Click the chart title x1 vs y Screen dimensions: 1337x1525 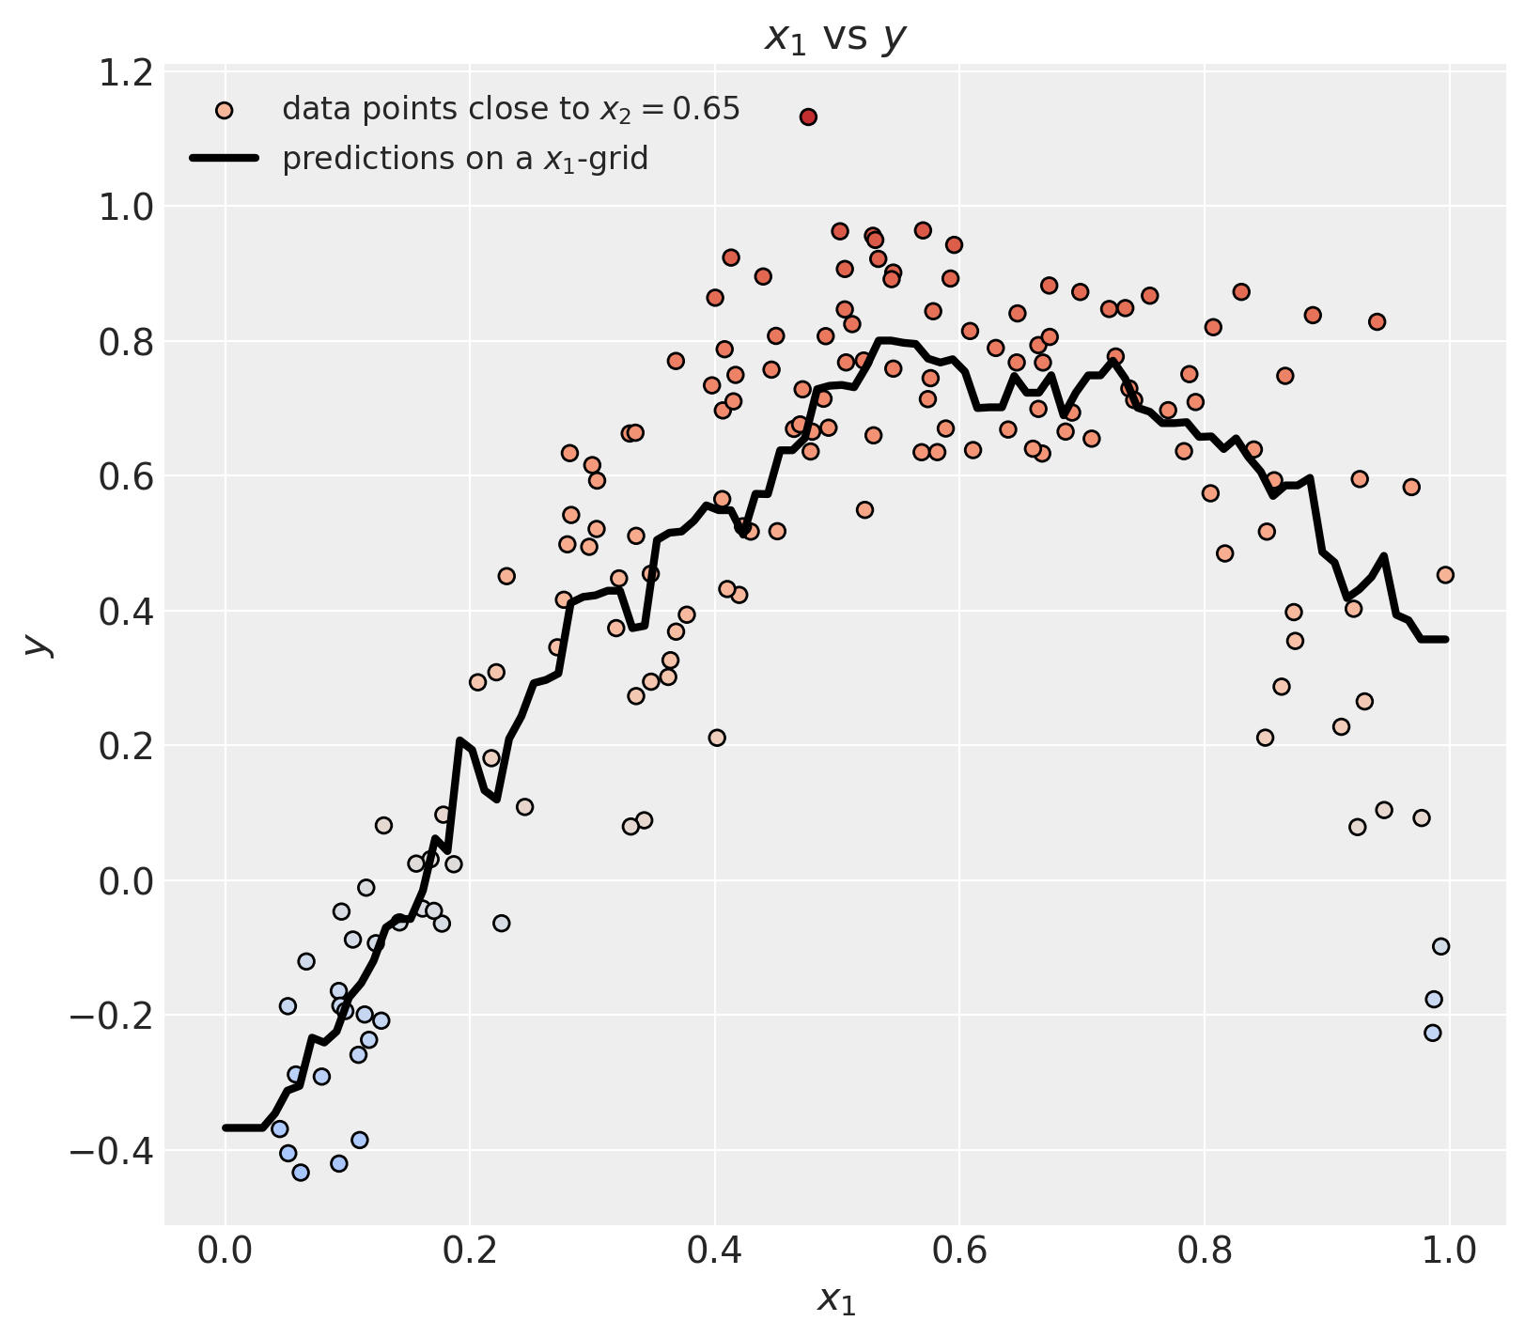click(x=835, y=38)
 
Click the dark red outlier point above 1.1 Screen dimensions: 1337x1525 click(x=808, y=117)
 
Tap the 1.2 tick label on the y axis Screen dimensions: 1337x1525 click(x=126, y=72)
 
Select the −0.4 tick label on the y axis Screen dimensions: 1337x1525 click(x=112, y=1150)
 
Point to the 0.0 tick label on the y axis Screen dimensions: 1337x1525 click(x=126, y=881)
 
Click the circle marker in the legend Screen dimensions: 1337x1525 click(x=224, y=111)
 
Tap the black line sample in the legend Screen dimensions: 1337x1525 click(x=224, y=159)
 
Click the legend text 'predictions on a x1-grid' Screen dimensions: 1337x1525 click(x=465, y=159)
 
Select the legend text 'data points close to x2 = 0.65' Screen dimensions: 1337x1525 click(x=511, y=110)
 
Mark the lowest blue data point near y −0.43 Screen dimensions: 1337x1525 click(x=301, y=1172)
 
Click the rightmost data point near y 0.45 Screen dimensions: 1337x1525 click(x=1445, y=574)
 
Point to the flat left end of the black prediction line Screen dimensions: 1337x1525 click(x=242, y=1127)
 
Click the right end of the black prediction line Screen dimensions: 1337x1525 click(x=1445, y=639)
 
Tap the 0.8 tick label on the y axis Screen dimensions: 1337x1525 click(x=126, y=342)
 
